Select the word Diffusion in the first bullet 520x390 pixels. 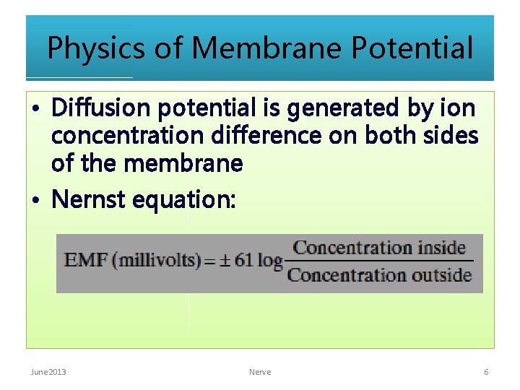(102, 108)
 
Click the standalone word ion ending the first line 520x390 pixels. (459, 108)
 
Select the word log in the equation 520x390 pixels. (269, 260)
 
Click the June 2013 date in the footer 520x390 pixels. (48, 372)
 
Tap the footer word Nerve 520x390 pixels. (260, 372)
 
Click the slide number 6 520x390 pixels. (486, 372)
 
